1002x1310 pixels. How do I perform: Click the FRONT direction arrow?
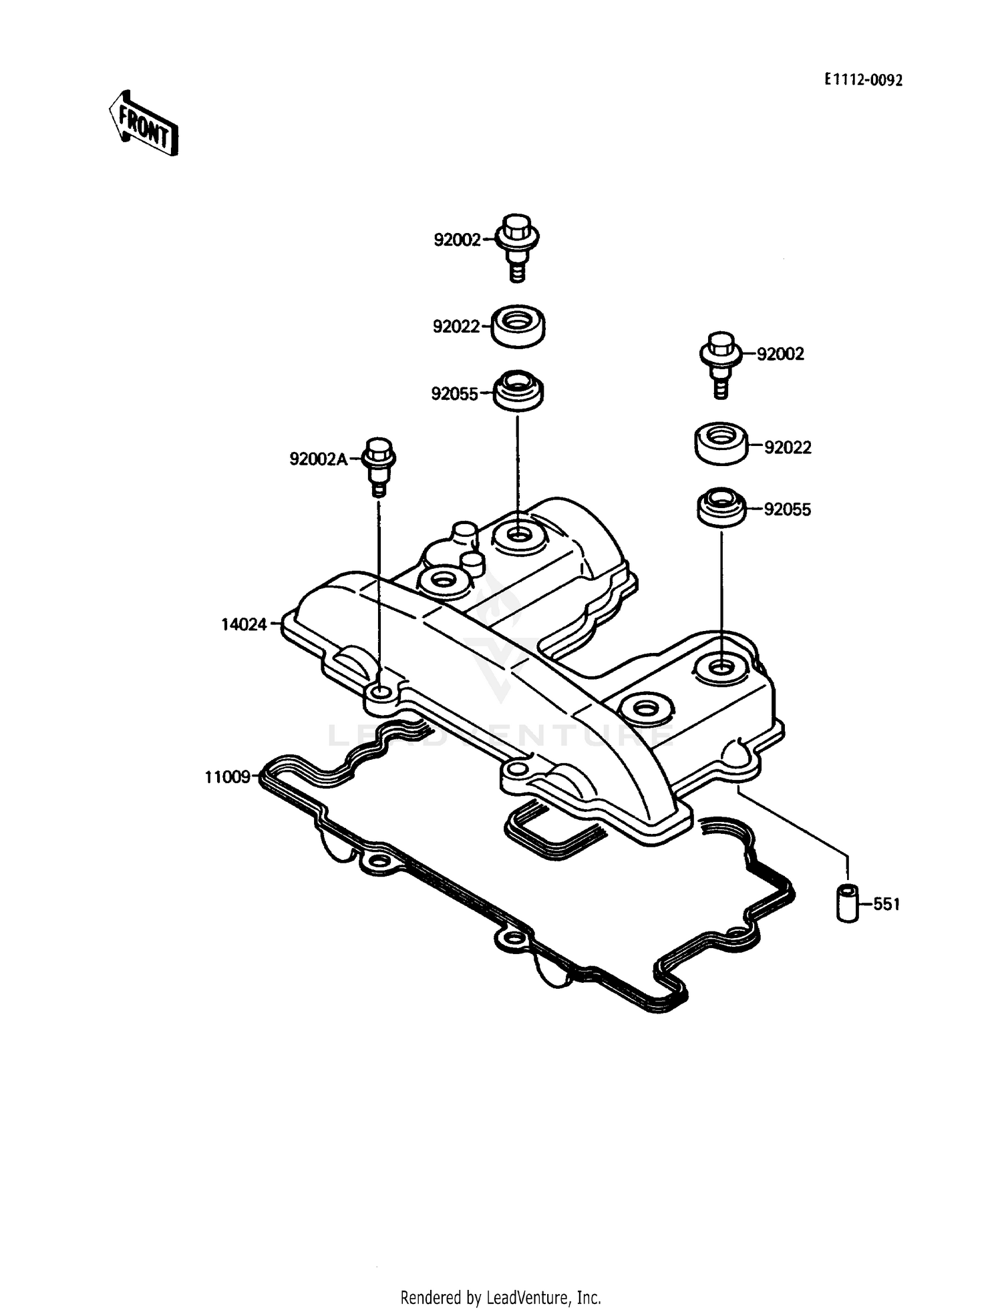coord(144,125)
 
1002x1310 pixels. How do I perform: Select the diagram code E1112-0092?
coord(863,80)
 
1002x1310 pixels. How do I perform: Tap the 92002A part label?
coord(319,459)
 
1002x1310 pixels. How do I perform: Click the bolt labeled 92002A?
coord(379,465)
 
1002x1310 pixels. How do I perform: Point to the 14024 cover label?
coord(244,624)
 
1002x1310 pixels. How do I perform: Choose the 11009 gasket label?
coord(227,777)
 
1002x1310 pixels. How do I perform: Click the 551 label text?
coord(886,905)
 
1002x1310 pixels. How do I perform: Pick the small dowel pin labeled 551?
coord(848,903)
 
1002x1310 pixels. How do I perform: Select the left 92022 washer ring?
coord(518,326)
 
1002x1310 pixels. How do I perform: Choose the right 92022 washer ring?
coord(720,443)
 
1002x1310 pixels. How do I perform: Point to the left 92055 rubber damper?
coord(518,390)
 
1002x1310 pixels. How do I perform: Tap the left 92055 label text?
coord(454,395)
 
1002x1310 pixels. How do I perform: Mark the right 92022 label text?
coord(788,447)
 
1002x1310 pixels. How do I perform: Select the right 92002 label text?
coord(780,354)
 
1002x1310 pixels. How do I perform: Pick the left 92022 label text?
coord(456,326)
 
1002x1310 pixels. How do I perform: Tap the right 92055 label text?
coord(788,509)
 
